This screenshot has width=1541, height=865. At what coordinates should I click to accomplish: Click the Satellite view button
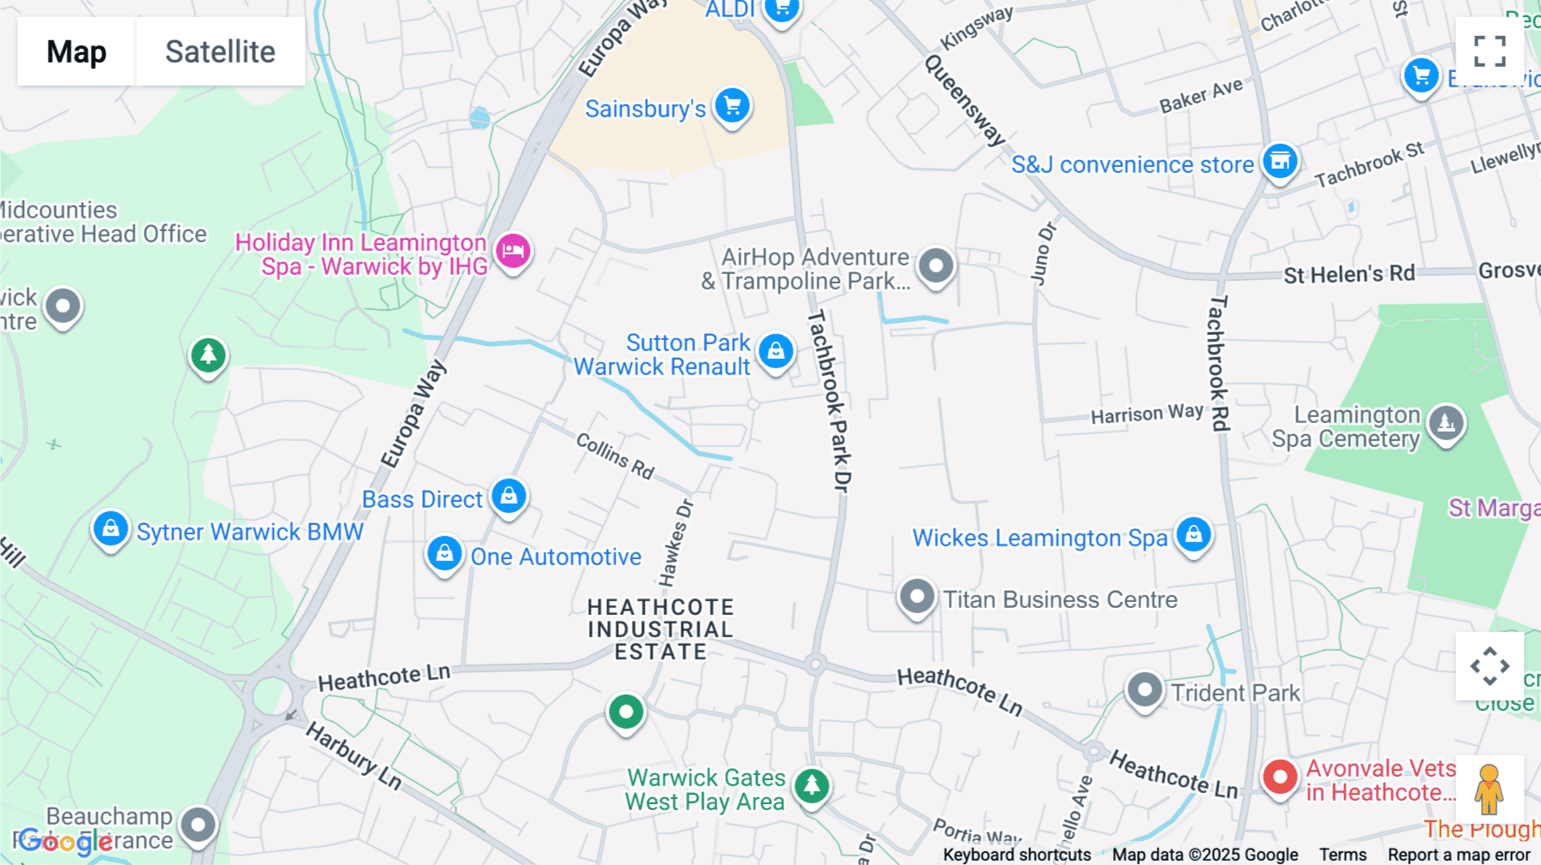(x=220, y=51)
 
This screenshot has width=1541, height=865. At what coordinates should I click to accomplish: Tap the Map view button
(x=76, y=51)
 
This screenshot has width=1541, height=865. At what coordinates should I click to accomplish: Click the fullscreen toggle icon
(x=1490, y=51)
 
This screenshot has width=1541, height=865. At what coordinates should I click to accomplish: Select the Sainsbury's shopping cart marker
(x=732, y=106)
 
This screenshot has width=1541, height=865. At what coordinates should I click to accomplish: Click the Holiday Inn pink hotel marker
(x=513, y=252)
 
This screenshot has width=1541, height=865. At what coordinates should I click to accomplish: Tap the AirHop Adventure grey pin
(x=936, y=266)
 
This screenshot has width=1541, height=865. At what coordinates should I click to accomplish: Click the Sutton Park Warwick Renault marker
(x=776, y=351)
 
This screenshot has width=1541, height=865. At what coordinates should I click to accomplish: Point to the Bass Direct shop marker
(x=509, y=497)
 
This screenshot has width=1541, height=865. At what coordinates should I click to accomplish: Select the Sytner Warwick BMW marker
(x=110, y=529)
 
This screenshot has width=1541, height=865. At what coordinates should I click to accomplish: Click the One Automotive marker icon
(x=444, y=554)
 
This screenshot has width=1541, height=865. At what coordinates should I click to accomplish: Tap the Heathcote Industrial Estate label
(x=660, y=629)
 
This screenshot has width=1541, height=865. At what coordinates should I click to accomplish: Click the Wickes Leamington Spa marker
(x=1193, y=535)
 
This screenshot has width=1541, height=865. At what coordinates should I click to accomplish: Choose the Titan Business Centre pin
(x=917, y=596)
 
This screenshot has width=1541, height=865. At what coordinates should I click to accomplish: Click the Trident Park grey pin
(x=1145, y=689)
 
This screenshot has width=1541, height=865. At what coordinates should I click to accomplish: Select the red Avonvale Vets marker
(x=1280, y=778)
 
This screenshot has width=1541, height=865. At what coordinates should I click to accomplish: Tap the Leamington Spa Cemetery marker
(x=1446, y=423)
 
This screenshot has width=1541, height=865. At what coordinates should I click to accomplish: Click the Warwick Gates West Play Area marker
(x=812, y=785)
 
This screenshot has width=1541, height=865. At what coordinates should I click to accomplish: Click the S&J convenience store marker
(x=1280, y=161)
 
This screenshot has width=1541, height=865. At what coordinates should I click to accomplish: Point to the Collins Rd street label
(x=615, y=456)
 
